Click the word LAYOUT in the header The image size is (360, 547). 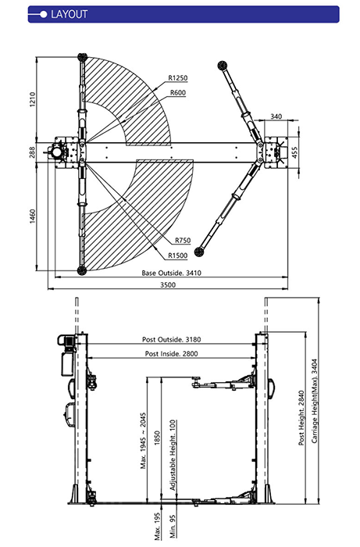(x=69, y=14)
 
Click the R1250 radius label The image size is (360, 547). (x=178, y=78)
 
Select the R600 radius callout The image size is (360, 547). (x=178, y=93)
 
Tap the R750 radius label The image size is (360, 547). (x=183, y=240)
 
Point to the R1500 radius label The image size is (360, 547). (x=178, y=256)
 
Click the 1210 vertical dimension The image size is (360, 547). (x=33, y=99)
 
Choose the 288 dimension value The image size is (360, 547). (x=33, y=152)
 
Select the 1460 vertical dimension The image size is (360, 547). (x=33, y=216)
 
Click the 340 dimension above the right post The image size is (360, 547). (x=276, y=116)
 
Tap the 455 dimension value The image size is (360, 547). (x=294, y=152)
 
